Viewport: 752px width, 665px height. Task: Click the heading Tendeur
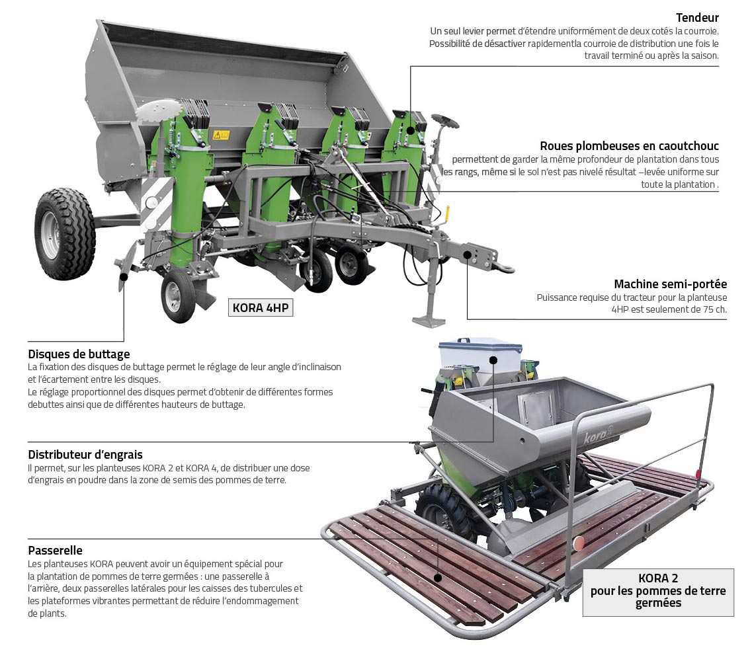(x=697, y=18)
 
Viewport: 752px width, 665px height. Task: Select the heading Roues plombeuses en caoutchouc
(x=629, y=145)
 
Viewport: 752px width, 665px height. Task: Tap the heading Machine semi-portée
(x=671, y=284)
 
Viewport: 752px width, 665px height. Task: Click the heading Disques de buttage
(x=79, y=354)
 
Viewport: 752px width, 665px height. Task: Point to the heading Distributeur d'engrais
(x=85, y=455)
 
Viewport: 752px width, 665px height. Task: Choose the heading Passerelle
(x=55, y=551)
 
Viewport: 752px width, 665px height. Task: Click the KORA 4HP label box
(x=261, y=307)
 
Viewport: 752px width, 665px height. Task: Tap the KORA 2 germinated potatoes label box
(x=658, y=592)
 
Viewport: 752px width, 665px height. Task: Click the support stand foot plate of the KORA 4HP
(x=429, y=321)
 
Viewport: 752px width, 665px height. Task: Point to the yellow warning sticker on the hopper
(x=221, y=136)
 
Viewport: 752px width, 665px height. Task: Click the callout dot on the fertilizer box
(x=493, y=360)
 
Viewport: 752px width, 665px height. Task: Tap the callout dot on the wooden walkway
(x=437, y=578)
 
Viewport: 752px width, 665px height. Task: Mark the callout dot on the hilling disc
(x=124, y=277)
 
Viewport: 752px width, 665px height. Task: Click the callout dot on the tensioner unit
(x=411, y=130)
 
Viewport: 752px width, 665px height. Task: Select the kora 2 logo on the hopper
(x=599, y=436)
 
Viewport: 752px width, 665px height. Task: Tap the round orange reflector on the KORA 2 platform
(x=579, y=543)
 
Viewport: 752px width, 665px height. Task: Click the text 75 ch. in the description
(x=715, y=310)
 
